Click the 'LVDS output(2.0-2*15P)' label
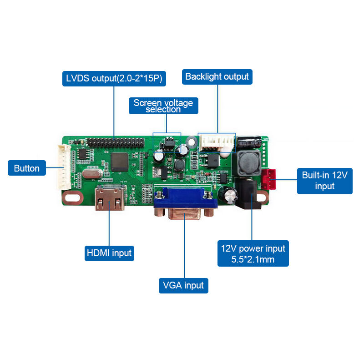[x=114, y=78]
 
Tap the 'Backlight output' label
[x=217, y=76]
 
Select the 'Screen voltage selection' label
[x=163, y=106]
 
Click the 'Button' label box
[x=27, y=168]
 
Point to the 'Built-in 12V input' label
[x=325, y=181]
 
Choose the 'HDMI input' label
[x=109, y=253]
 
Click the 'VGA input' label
[x=183, y=286]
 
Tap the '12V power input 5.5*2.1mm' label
[x=253, y=253]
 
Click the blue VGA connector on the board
[x=185, y=203]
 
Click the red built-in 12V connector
[x=269, y=179]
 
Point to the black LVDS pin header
[x=116, y=142]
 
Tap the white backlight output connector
[x=217, y=143]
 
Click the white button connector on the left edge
[x=64, y=167]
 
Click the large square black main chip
[x=120, y=162]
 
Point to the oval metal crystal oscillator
[x=92, y=174]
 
